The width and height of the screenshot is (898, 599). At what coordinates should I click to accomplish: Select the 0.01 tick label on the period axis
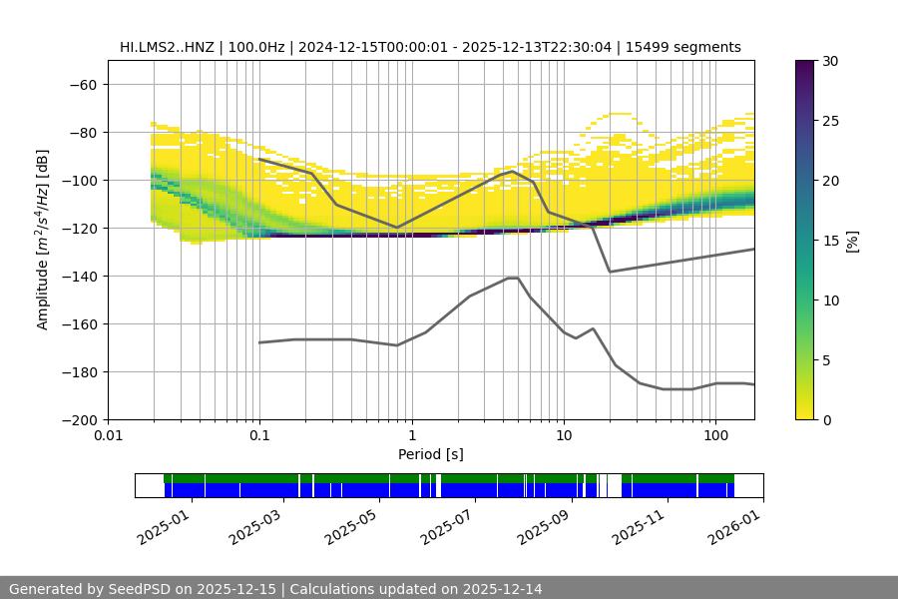(108, 436)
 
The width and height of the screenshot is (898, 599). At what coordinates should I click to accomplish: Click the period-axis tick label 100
(714, 436)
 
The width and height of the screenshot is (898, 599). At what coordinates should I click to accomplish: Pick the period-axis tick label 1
(411, 436)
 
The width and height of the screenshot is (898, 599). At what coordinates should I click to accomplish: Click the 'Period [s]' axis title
(431, 454)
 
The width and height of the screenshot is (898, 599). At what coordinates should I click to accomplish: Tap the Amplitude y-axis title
(43, 241)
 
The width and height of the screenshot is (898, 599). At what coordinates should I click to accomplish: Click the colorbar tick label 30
(830, 61)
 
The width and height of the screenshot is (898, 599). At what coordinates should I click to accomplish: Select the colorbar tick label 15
(830, 241)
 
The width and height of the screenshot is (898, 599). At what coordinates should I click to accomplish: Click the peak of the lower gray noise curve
(513, 278)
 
